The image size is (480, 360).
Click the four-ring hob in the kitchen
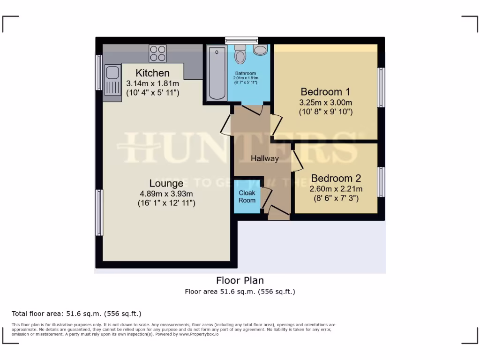[x=157, y=53]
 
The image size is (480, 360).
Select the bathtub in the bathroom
[x=217, y=73]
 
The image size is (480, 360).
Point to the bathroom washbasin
[x=260, y=50]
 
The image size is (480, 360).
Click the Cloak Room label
[x=247, y=196]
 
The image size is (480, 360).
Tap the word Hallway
[x=264, y=158]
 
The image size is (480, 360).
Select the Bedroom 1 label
[x=325, y=92]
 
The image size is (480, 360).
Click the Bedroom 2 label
[x=336, y=179]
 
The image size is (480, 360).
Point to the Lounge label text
[x=166, y=183]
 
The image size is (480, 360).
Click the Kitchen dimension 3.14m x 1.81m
[x=153, y=83]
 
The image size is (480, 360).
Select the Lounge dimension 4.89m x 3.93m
[x=166, y=194]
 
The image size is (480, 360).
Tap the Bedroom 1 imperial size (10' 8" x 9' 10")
[x=326, y=112]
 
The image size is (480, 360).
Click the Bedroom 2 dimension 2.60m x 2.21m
[x=336, y=189]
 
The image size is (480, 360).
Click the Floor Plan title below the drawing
[x=240, y=280]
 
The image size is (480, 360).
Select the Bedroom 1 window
[x=381, y=87]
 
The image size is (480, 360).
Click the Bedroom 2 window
[x=381, y=182]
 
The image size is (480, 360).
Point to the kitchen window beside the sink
[x=99, y=72]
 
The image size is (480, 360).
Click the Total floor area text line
[x=76, y=314]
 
